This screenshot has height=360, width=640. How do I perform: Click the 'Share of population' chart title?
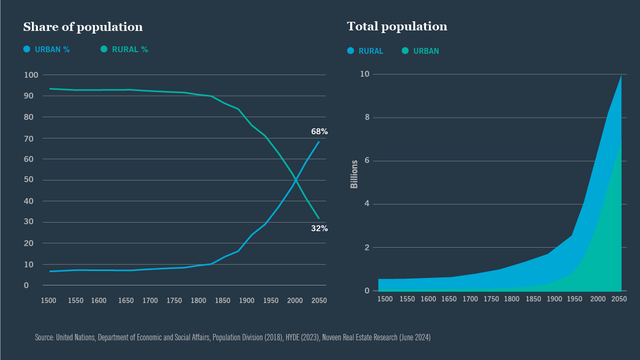pos(83,27)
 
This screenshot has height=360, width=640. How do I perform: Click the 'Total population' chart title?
pos(396,27)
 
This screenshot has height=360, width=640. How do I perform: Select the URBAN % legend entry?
pos(46,50)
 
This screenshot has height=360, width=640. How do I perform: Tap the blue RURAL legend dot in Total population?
pos(351,51)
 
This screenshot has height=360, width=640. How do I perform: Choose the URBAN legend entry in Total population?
pos(420,51)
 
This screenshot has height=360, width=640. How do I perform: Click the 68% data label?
pos(319,131)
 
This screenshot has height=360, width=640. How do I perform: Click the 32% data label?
pos(319,228)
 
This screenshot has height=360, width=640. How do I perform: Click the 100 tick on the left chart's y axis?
pos(31,75)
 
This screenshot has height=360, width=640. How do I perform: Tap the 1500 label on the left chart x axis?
pos(48,301)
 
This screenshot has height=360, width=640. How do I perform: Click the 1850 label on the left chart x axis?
pos(223,301)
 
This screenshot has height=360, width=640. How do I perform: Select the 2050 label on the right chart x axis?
pos(619,299)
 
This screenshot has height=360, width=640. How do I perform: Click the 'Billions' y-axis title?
pos(354,174)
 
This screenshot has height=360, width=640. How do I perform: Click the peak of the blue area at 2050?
pos(621,76)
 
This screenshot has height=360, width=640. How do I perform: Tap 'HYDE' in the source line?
pos(292,338)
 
